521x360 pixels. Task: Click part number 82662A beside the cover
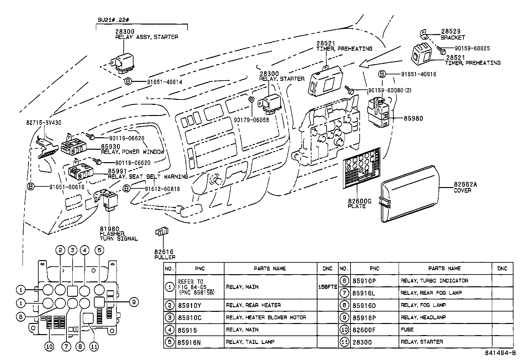point(465,184)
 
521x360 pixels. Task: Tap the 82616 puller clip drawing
point(162,232)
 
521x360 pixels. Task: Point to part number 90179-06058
point(251,120)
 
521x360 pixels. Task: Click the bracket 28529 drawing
point(424,34)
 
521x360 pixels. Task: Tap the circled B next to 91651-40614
point(128,82)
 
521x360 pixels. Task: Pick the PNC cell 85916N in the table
point(189,342)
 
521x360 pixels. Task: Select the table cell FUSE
point(407,330)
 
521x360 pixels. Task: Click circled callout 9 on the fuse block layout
point(134,302)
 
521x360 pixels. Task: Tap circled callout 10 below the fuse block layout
point(49,347)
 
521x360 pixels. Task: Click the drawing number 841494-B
point(500,353)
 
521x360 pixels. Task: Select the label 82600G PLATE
point(359,204)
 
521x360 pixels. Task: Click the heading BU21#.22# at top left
point(113,20)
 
